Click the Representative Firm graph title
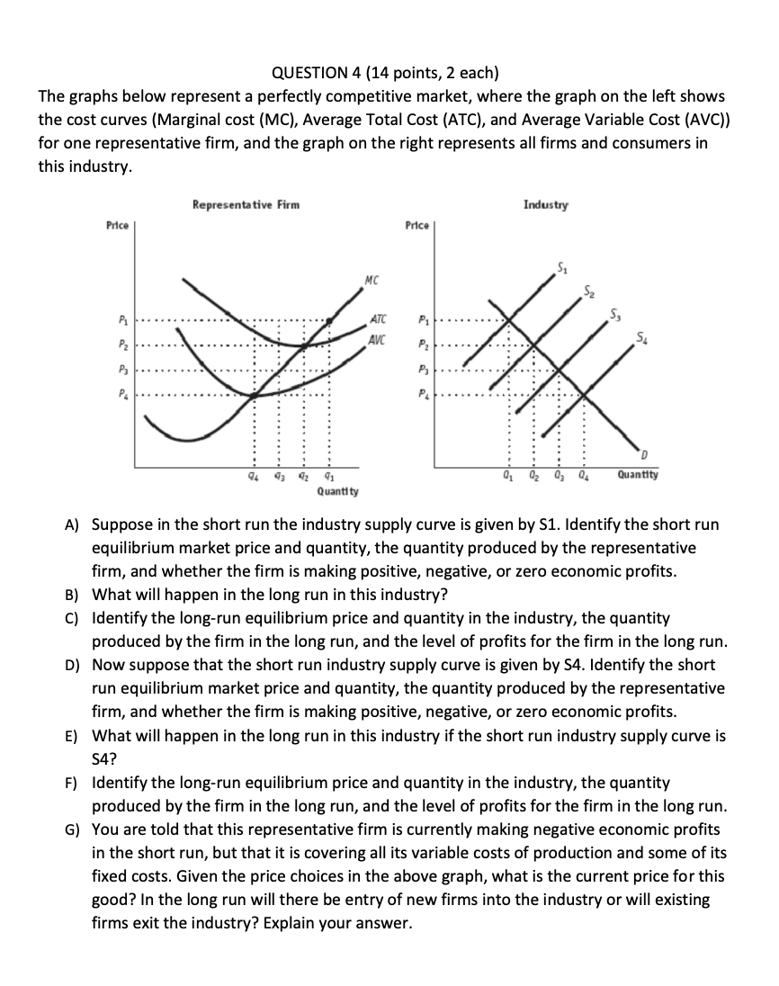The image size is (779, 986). pyautogui.click(x=246, y=205)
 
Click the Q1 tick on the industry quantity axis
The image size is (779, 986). pyautogui.click(x=509, y=475)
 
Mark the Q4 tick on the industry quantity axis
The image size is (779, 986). pyautogui.click(x=585, y=475)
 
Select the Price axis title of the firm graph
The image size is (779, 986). pyautogui.click(x=118, y=225)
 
